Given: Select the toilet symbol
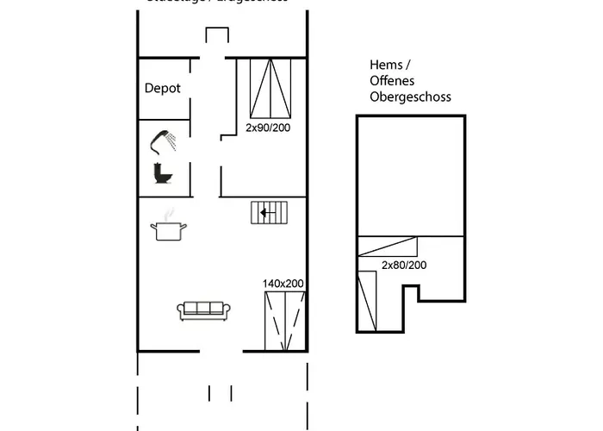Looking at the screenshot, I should (x=161, y=172).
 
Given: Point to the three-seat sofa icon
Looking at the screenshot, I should (x=203, y=309).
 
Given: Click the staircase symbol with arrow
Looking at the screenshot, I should (x=270, y=212).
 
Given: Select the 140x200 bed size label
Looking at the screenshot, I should (x=283, y=283).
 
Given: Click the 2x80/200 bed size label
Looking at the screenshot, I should (x=404, y=265).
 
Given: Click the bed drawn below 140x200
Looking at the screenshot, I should (x=284, y=321).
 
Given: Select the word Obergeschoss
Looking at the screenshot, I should (x=410, y=97).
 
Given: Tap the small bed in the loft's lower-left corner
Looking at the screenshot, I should (x=367, y=300).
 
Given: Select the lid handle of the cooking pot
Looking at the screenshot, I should (x=168, y=222).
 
